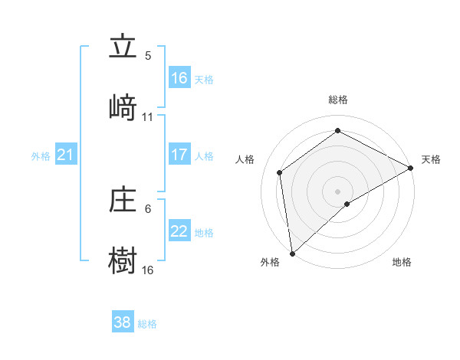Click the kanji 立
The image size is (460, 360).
click(x=123, y=47)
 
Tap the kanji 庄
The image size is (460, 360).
click(x=123, y=201)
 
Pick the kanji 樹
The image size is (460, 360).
click(x=123, y=260)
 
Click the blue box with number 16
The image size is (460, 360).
click(x=179, y=77)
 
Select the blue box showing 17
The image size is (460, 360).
click(x=179, y=155)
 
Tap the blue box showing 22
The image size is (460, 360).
click(x=179, y=231)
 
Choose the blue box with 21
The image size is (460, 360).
click(x=66, y=155)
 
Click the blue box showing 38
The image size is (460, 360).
click(x=123, y=322)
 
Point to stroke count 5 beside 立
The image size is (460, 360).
click(x=148, y=56)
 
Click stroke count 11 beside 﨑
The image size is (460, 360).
click(x=148, y=117)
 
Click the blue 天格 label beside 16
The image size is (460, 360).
click(x=203, y=79)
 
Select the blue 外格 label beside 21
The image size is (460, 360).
click(x=41, y=156)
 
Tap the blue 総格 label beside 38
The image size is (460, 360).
click(x=147, y=324)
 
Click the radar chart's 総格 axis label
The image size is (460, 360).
click(x=338, y=100)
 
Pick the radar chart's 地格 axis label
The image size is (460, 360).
click(x=402, y=263)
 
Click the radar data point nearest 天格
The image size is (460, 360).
click(x=411, y=168)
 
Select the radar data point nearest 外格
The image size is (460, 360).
click(x=292, y=254)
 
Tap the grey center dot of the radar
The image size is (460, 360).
click(x=338, y=191)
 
